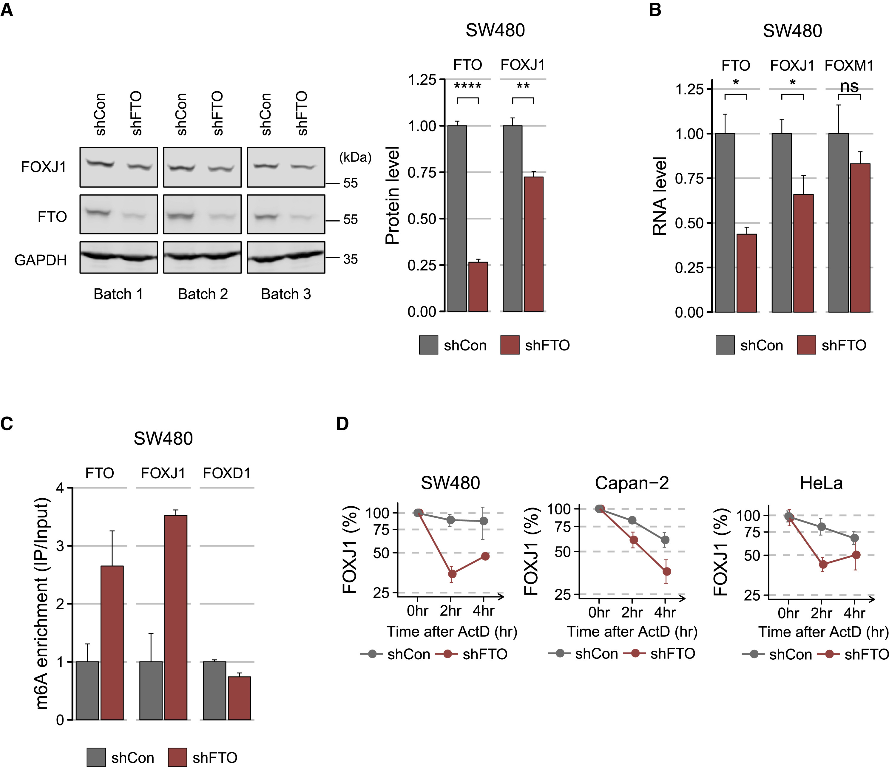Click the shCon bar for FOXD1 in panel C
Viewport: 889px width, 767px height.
click(x=214, y=691)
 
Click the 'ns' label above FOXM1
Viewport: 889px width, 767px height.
click(x=849, y=86)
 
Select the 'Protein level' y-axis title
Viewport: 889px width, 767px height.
click(x=393, y=195)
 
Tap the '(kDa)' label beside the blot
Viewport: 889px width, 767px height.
click(x=355, y=157)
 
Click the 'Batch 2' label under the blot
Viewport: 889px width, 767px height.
click(x=203, y=294)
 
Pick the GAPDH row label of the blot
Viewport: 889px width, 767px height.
click(x=41, y=260)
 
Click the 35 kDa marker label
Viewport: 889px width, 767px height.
click(x=350, y=259)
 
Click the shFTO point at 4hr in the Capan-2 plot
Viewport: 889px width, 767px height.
click(x=666, y=571)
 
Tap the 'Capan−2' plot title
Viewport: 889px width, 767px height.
click(x=632, y=483)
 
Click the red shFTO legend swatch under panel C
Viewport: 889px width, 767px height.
click(x=177, y=757)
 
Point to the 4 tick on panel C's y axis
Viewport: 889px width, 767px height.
click(x=60, y=488)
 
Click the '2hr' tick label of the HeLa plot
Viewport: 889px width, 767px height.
click(x=821, y=613)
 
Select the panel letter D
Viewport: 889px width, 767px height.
click(x=342, y=424)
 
